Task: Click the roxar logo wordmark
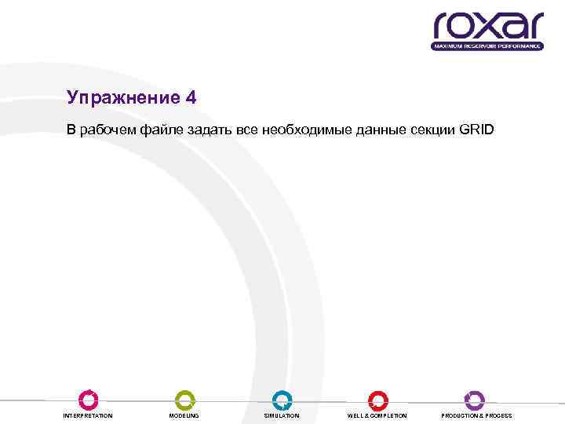click(x=487, y=26)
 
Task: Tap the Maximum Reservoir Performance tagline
click(x=487, y=46)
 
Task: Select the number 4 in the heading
click(x=191, y=98)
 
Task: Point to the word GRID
click(x=476, y=129)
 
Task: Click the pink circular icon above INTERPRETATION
click(x=89, y=400)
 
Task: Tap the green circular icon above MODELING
click(x=184, y=400)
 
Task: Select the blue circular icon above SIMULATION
click(x=282, y=400)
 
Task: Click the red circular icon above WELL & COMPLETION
click(x=378, y=400)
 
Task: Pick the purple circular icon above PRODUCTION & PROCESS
click(x=475, y=400)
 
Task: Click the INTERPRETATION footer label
click(x=88, y=415)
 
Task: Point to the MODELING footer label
click(x=184, y=415)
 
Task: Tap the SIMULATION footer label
click(x=282, y=415)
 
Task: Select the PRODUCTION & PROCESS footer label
click(x=476, y=415)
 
